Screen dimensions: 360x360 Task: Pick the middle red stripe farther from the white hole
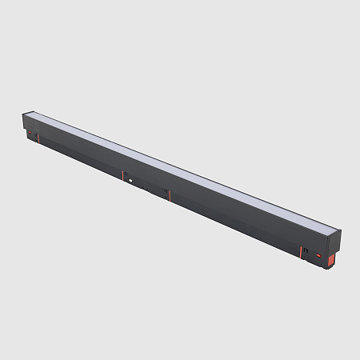(x=168, y=194)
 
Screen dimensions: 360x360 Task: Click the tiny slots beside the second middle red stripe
(x=165, y=192)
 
